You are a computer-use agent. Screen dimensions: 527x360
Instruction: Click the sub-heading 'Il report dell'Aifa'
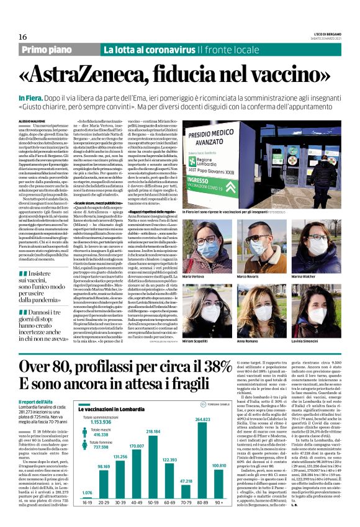point(35,384)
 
